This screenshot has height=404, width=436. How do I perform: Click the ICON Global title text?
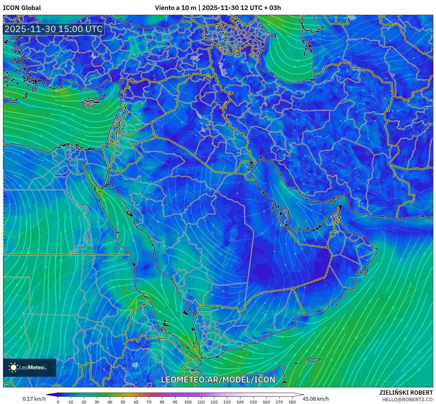(x=22, y=8)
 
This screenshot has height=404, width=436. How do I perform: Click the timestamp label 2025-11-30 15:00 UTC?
(x=53, y=29)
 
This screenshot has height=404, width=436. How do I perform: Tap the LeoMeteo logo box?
(x=30, y=367)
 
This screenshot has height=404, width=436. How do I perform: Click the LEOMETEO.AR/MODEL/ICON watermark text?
(x=218, y=380)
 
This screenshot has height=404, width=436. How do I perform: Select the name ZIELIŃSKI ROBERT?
(x=406, y=393)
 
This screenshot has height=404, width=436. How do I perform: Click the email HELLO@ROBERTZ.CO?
(x=407, y=399)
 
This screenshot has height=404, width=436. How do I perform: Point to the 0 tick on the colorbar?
(x=58, y=402)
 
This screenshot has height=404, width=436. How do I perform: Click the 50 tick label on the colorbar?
(x=123, y=402)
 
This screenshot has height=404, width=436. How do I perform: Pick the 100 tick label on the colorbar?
(x=188, y=402)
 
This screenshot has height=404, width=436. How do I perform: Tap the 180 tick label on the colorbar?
(x=292, y=402)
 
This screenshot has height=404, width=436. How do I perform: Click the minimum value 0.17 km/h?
(x=34, y=399)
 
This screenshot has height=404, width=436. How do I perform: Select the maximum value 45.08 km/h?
(x=316, y=399)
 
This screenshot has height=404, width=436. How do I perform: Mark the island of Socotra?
(x=314, y=360)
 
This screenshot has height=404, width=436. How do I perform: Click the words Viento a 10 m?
(x=175, y=8)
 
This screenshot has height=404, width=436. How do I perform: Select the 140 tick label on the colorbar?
(x=240, y=402)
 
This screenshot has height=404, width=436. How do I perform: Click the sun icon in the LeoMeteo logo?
(x=13, y=367)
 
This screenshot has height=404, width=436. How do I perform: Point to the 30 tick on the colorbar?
(x=97, y=402)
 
